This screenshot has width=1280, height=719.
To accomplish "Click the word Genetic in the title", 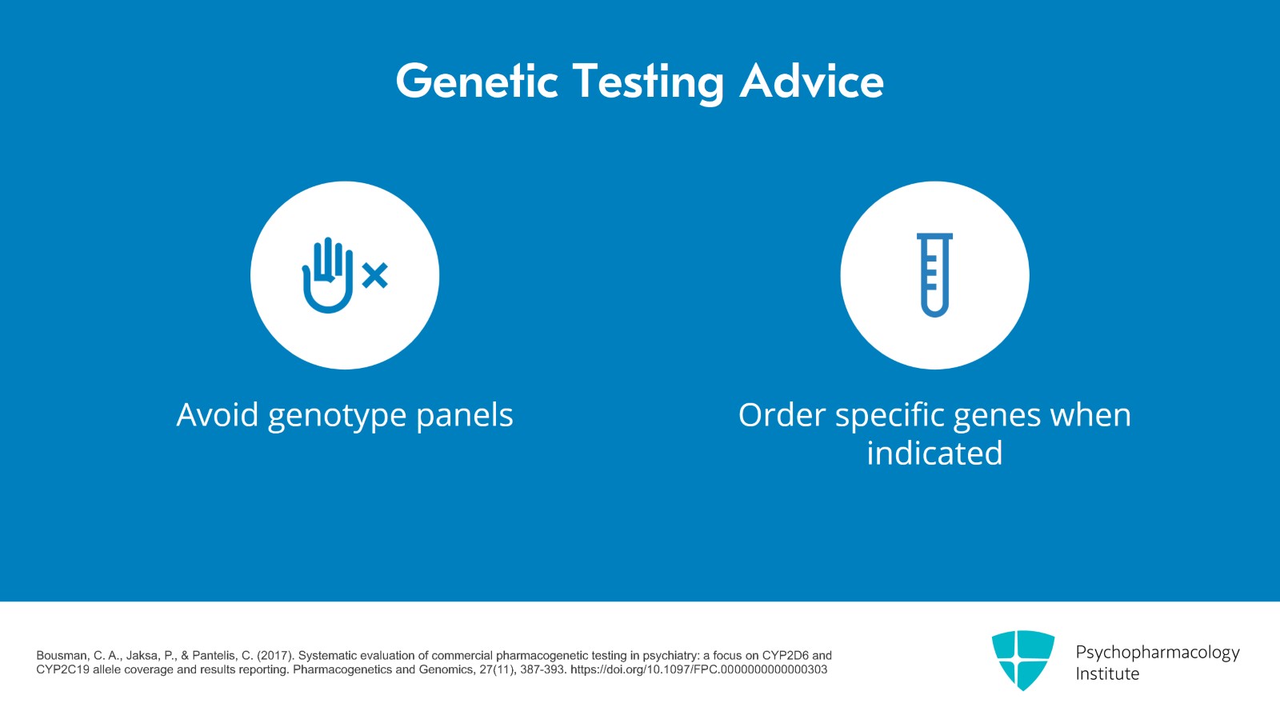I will [477, 82].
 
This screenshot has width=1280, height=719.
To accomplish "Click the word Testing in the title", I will [648, 83].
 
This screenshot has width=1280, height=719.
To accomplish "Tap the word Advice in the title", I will [811, 82].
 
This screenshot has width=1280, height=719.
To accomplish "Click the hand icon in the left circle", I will [327, 275].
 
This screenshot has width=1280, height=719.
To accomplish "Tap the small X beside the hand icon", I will [374, 276].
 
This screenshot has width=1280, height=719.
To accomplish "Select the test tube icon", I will [934, 275].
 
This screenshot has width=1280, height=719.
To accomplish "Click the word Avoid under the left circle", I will [217, 415].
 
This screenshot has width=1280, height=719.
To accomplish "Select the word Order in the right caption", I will [782, 415].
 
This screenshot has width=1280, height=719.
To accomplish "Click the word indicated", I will [934, 453].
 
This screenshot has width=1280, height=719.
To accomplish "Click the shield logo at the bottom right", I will [1022, 659].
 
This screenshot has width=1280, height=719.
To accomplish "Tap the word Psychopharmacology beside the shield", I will [1157, 653].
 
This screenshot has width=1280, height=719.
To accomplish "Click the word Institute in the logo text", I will [1107, 673].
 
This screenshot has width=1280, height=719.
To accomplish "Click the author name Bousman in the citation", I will [62, 655].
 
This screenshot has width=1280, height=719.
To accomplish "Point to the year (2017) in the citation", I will [275, 655].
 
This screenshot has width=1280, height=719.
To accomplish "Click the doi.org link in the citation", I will [698, 669].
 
